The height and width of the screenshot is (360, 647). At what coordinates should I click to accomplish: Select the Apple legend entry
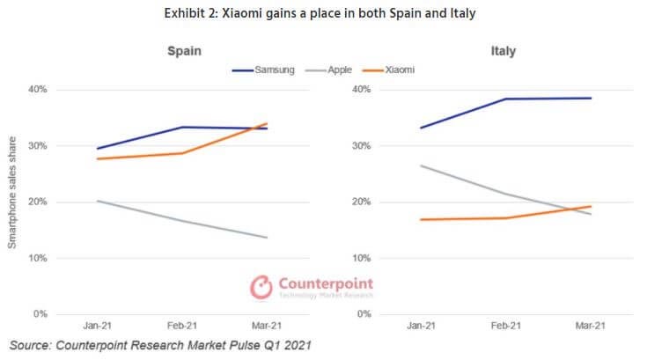pos(338,68)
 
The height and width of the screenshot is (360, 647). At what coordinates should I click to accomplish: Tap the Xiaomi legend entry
pos(401,68)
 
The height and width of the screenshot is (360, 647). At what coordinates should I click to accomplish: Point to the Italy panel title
pos(503,51)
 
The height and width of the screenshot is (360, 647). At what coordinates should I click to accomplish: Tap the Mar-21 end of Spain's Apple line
pos(267,237)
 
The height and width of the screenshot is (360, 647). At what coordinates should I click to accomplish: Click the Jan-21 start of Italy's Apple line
pos(423,165)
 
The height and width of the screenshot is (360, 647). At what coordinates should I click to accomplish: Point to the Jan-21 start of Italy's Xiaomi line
pos(423,219)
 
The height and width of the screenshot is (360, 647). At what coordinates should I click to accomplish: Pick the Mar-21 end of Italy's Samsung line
pos(590,98)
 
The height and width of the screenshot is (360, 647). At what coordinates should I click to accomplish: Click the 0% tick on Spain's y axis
pos(40,314)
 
